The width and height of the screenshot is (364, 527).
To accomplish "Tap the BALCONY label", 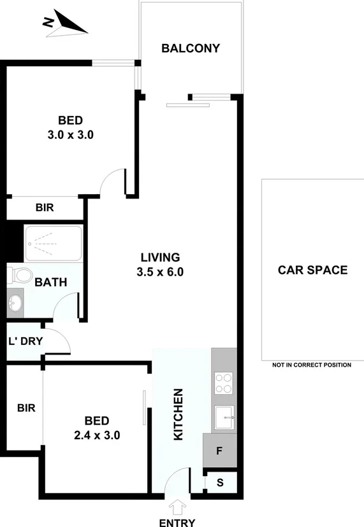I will click(x=191, y=48).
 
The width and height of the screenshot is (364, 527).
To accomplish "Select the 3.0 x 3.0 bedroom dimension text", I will click(x=71, y=135).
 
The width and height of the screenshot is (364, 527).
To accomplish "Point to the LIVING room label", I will click(x=161, y=257).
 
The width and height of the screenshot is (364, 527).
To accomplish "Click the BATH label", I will click(x=51, y=282).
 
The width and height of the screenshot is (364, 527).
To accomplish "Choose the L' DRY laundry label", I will click(x=25, y=341).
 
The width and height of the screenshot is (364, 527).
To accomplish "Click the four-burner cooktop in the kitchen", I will click(x=224, y=384).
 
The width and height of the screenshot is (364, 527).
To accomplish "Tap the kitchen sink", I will click(x=224, y=418).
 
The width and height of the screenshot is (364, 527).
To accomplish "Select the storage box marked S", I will click(x=221, y=482).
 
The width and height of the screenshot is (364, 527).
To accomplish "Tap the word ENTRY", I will click(x=177, y=521).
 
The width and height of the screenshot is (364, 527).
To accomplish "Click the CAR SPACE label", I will click(x=312, y=270).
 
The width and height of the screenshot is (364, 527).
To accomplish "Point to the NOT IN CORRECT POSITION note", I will click(x=312, y=365).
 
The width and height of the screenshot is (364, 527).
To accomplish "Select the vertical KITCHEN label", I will click(x=179, y=414).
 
